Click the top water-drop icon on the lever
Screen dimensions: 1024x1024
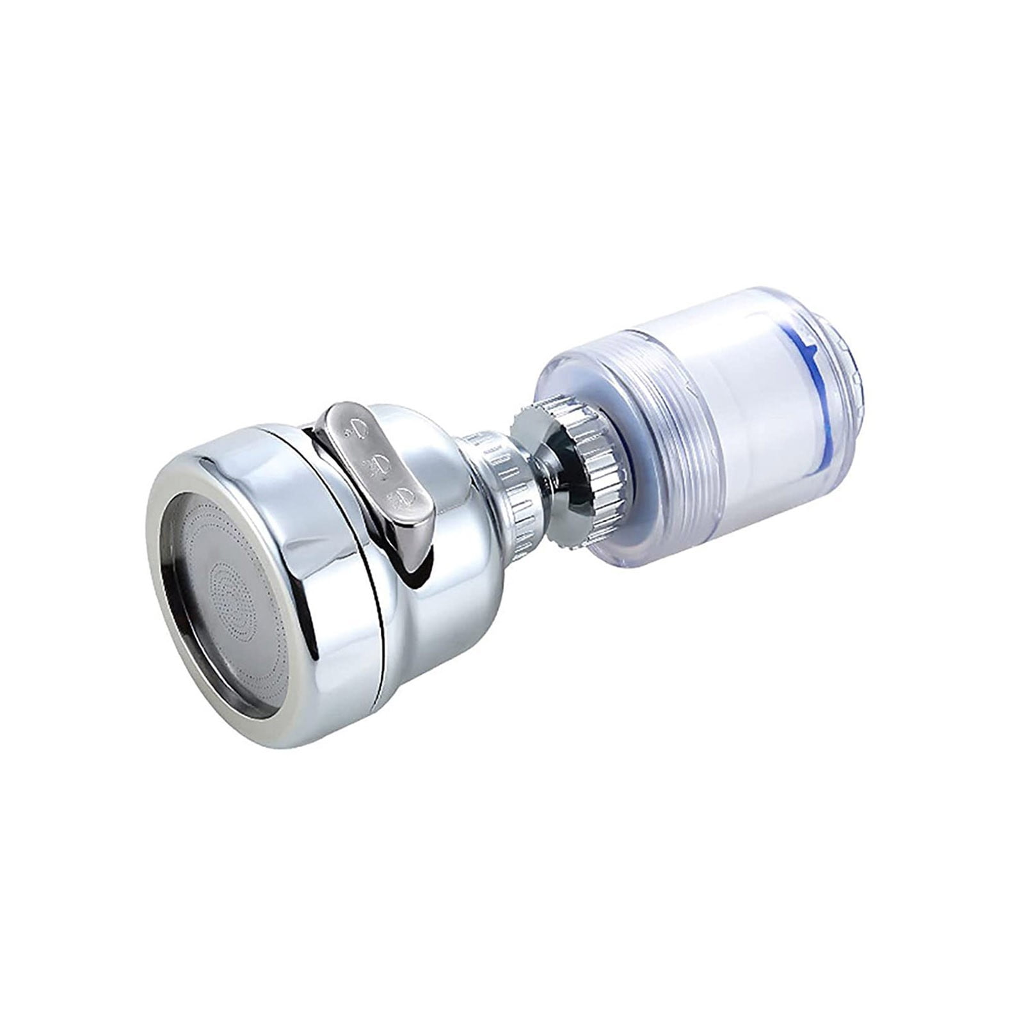tap(360, 426)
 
